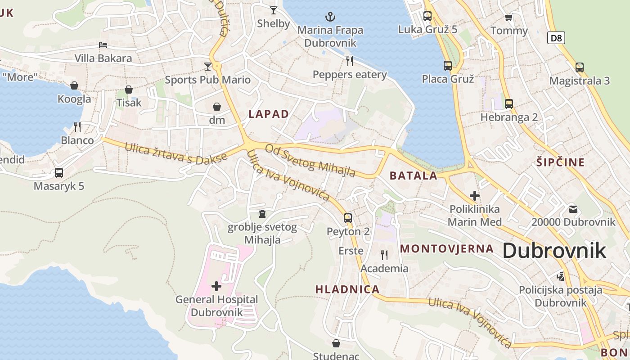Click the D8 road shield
(x=556, y=38)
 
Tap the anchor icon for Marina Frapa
(x=330, y=17)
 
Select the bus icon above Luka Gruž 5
(x=427, y=16)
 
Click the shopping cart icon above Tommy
(x=509, y=17)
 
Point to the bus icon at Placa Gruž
(x=448, y=66)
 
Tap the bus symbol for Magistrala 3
(x=580, y=67)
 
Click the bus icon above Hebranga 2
(x=509, y=104)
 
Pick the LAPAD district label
(x=269, y=114)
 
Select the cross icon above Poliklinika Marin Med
(x=475, y=196)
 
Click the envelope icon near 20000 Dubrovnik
(x=573, y=209)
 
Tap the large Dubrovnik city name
(x=554, y=251)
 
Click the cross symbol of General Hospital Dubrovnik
(x=216, y=286)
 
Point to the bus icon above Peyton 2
(x=348, y=218)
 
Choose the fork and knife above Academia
(x=384, y=255)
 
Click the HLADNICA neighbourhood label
(x=347, y=289)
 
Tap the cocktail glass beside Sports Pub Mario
(x=207, y=67)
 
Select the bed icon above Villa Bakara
(x=103, y=45)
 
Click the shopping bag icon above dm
(x=217, y=107)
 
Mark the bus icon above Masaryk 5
(x=59, y=172)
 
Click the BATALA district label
(x=413, y=175)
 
